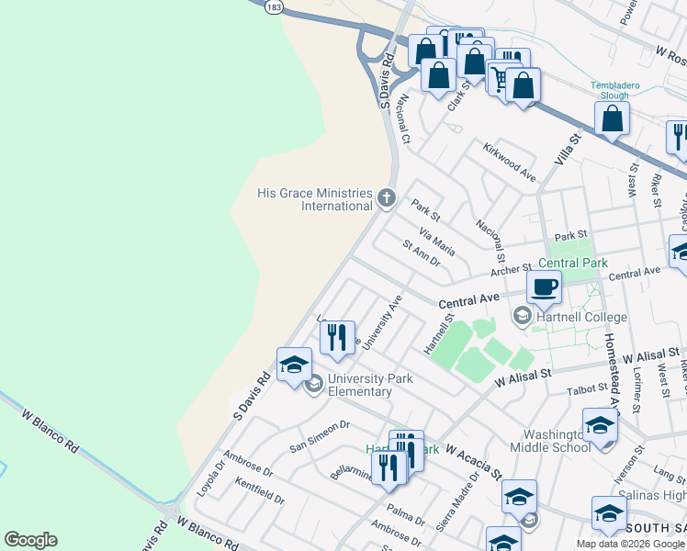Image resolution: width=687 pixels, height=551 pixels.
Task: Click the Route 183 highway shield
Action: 273,6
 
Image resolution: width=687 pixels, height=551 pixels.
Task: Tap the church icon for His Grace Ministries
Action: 387,197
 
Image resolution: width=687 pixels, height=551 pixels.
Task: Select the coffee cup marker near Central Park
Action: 545,287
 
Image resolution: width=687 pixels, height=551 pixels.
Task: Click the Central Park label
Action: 573,263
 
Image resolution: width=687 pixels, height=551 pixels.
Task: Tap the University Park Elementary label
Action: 370,385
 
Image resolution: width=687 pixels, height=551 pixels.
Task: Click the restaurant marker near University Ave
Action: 338,337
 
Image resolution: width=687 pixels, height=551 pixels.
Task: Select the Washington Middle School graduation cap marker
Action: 599,427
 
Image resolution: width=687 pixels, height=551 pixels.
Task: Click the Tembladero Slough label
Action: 622,90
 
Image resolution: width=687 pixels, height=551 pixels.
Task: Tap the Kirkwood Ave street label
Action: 510,162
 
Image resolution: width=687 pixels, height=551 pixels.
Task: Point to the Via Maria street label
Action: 436,241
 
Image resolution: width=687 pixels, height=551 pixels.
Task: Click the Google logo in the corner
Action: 30,540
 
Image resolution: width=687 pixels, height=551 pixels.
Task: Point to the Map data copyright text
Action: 631,544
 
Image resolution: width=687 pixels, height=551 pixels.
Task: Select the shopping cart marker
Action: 501,77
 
